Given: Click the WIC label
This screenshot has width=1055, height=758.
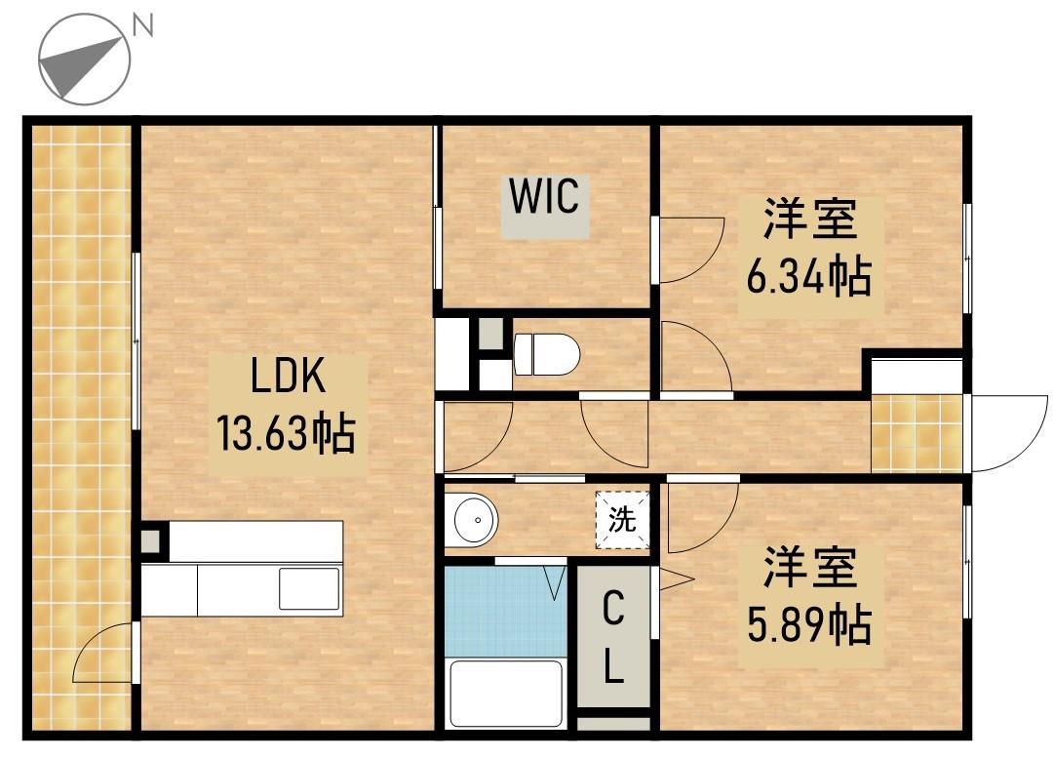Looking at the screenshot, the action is (544, 196).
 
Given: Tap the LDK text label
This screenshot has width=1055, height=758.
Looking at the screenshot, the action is (288, 375).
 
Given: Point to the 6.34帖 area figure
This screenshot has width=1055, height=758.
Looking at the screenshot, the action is (809, 276).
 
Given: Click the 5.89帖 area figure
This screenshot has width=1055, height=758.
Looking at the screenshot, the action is (809, 623).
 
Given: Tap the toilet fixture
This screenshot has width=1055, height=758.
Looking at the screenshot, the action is (546, 354).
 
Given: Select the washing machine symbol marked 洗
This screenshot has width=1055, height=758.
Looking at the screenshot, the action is (622, 520).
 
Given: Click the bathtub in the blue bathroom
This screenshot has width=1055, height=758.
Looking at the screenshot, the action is (506, 694).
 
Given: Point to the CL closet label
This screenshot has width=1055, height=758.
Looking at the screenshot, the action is (613, 637).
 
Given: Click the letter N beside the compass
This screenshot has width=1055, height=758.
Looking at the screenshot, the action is (142, 26).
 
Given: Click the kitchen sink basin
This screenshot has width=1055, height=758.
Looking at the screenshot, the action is (309, 588).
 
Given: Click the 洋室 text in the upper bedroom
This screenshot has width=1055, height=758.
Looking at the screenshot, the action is (809, 219).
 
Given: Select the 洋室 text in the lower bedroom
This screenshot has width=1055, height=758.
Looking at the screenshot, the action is (809, 567).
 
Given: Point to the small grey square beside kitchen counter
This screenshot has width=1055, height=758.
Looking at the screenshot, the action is (151, 539).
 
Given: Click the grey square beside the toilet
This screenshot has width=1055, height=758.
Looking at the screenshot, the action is (490, 332).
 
